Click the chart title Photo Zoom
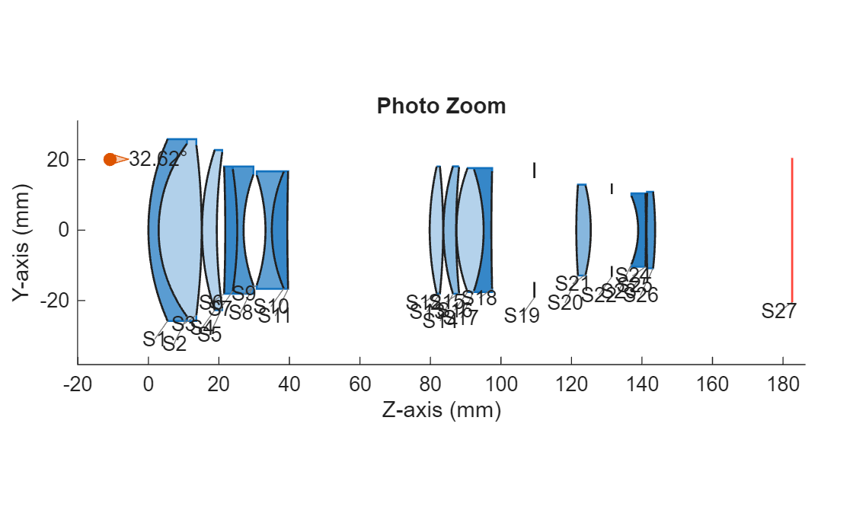coord(441,106)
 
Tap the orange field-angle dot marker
coord(110,159)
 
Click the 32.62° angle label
coord(158,159)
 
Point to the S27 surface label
coord(779,311)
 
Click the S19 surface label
coord(522,316)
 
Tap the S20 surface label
coord(565,302)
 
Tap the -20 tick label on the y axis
coord(50,300)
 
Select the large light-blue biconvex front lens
coord(179,229)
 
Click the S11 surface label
coord(274,317)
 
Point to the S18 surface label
coord(479,297)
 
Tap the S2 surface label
coord(174,344)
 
